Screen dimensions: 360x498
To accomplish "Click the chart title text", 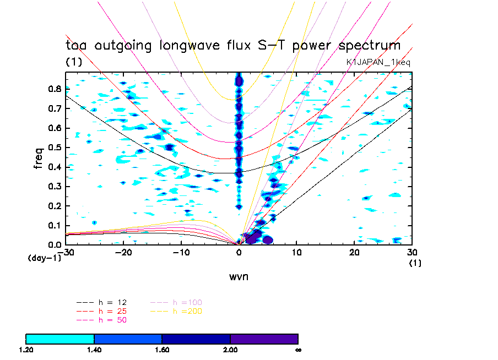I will [x=232, y=46].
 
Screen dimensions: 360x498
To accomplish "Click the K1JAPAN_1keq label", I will [x=378, y=63].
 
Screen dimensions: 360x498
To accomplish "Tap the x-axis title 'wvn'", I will [x=239, y=276].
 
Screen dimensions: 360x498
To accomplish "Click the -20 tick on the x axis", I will [x=123, y=252].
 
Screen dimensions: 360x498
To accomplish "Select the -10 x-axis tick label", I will [x=181, y=252].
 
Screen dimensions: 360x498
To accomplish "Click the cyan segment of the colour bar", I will [x=60, y=339].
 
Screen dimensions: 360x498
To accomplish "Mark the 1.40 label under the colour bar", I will [x=94, y=350].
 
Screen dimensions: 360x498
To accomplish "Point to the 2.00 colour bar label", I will [x=230, y=350].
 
